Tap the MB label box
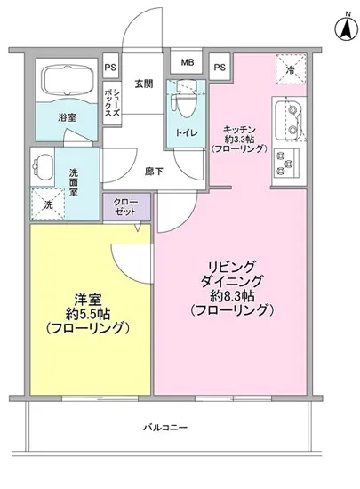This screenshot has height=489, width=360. coord(187,63)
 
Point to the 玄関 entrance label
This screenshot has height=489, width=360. coord(143,84)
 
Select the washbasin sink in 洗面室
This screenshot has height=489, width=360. coord(44,164)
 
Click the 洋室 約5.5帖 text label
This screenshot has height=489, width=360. coord(90,315)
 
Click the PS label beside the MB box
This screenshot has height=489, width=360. coord(219,66)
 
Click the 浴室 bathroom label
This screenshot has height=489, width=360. coord(68,116)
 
